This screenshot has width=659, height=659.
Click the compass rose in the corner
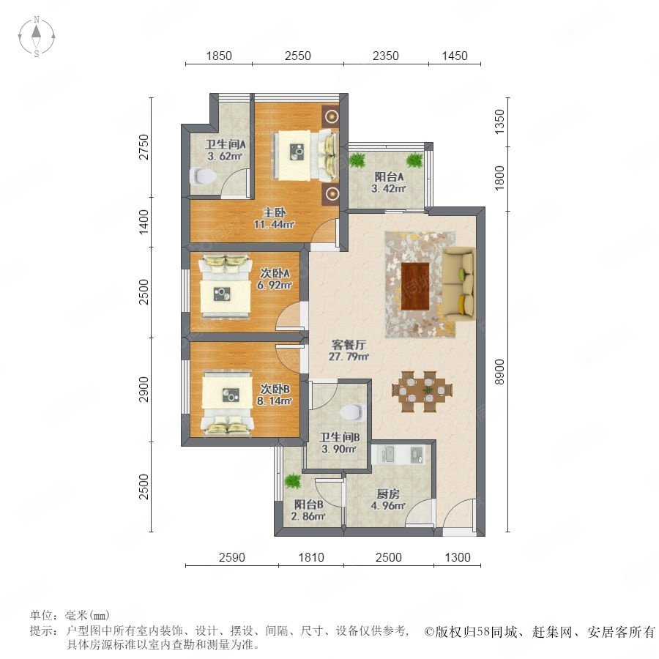point(37,37)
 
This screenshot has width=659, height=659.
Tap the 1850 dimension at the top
point(218,56)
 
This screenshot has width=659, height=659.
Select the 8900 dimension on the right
point(499,371)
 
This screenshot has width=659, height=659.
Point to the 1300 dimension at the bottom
point(458,557)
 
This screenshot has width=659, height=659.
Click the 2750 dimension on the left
point(144,146)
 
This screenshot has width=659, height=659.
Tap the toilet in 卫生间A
point(202,176)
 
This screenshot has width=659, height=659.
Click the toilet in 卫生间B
point(351,412)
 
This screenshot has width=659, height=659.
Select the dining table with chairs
point(422,391)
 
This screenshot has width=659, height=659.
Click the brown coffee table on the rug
point(415,286)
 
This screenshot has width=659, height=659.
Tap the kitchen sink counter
point(398,454)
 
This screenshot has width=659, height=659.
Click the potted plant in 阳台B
point(292,481)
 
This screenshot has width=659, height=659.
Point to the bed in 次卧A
point(226,286)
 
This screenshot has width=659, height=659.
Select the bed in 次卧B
point(227,402)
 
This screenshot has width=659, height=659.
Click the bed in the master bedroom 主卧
point(305,155)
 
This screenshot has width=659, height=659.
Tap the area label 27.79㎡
point(349,357)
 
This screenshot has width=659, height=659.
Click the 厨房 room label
point(388,494)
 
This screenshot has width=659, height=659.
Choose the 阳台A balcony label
point(389,177)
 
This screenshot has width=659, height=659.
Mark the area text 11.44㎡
point(274,225)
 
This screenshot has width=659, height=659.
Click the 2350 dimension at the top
point(385,56)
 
